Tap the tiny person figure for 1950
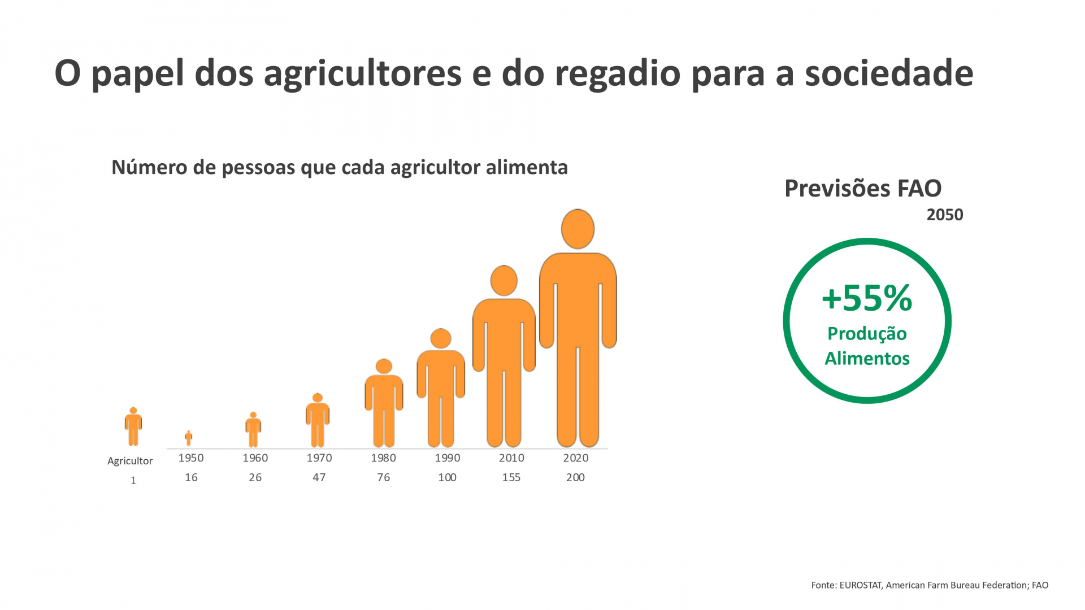point(189,438)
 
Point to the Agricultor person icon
point(133,427)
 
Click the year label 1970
point(319,458)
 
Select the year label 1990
point(448,458)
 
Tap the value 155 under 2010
point(511,477)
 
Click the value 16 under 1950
point(191,477)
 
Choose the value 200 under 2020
point(575,477)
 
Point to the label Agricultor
point(130,461)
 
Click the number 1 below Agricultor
point(133,481)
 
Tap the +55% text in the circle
point(867,298)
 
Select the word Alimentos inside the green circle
point(867,358)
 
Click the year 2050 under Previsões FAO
point(945,215)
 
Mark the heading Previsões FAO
point(863,189)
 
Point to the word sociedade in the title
point(889,73)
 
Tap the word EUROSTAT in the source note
point(861,585)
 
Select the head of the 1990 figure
point(441,338)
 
